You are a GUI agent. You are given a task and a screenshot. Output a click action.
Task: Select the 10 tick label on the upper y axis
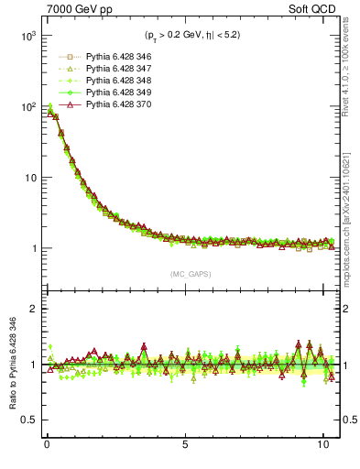pos(29,178)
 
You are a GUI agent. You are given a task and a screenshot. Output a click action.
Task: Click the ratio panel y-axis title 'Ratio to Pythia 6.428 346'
pos(11,365)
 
